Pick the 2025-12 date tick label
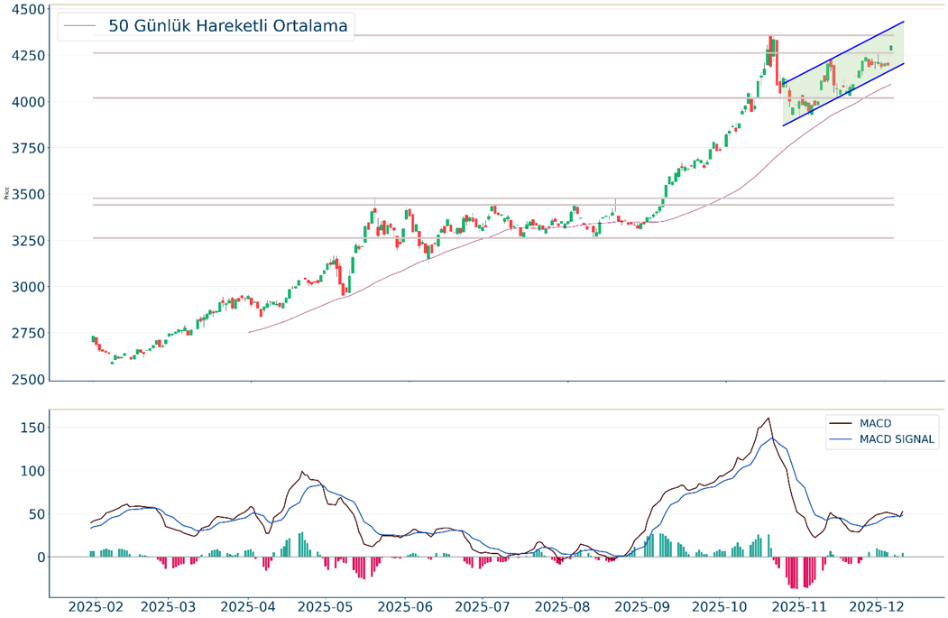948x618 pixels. tap(878, 606)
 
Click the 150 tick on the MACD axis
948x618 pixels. tap(32, 427)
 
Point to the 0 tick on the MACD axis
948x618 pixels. tap(39, 558)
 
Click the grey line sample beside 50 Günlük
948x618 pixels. tap(79, 26)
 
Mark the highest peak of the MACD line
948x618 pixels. tap(768, 419)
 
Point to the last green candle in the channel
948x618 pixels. tap(891, 48)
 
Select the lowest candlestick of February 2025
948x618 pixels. tap(112, 362)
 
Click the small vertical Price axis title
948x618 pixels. tap(7, 192)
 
